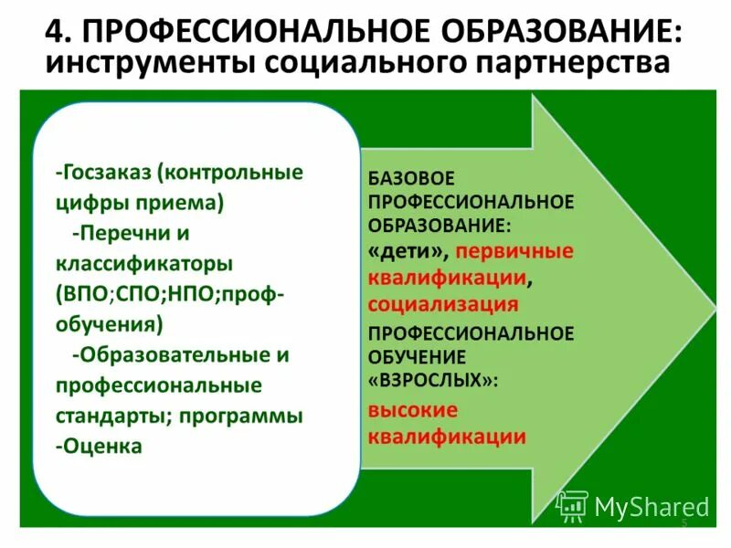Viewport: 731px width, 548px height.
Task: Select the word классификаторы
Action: click(x=144, y=263)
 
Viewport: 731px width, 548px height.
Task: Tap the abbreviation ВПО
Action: click(x=85, y=294)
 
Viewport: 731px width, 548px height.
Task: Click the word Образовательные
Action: click(x=174, y=354)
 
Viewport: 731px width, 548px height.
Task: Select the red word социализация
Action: click(x=443, y=303)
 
